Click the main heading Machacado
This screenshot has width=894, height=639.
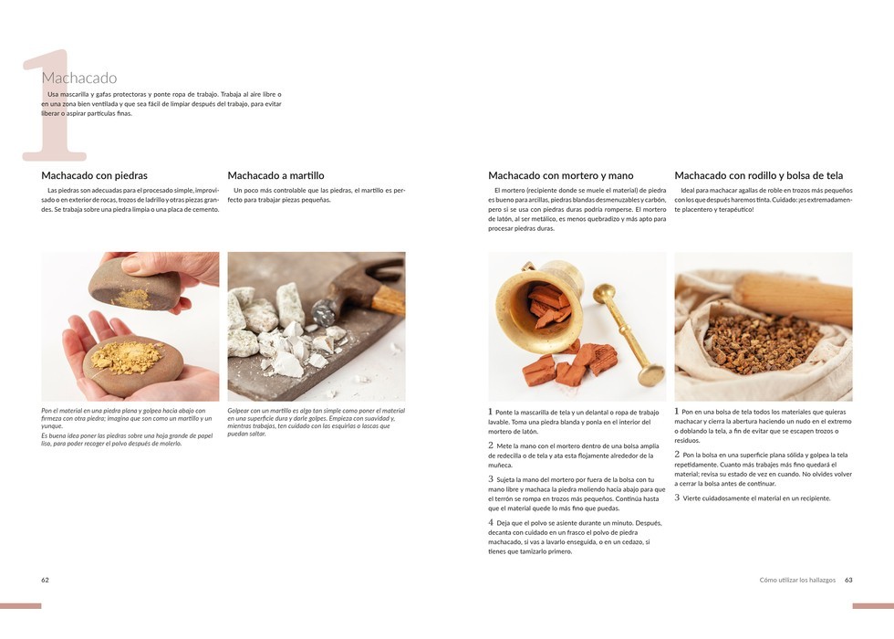click(x=79, y=78)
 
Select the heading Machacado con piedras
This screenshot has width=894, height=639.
click(x=94, y=175)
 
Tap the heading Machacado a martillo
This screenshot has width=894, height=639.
click(x=275, y=175)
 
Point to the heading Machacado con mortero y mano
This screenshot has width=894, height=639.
click(x=560, y=175)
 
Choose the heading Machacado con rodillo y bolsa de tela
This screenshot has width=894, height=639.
click(x=758, y=175)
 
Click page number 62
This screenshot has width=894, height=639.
click(x=45, y=580)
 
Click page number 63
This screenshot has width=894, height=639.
click(x=848, y=580)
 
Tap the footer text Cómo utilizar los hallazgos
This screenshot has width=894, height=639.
click(x=797, y=580)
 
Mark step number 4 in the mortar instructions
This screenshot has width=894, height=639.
click(x=491, y=522)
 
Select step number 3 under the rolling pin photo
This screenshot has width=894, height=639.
click(x=677, y=498)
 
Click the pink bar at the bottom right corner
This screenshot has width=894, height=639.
click(x=873, y=606)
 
